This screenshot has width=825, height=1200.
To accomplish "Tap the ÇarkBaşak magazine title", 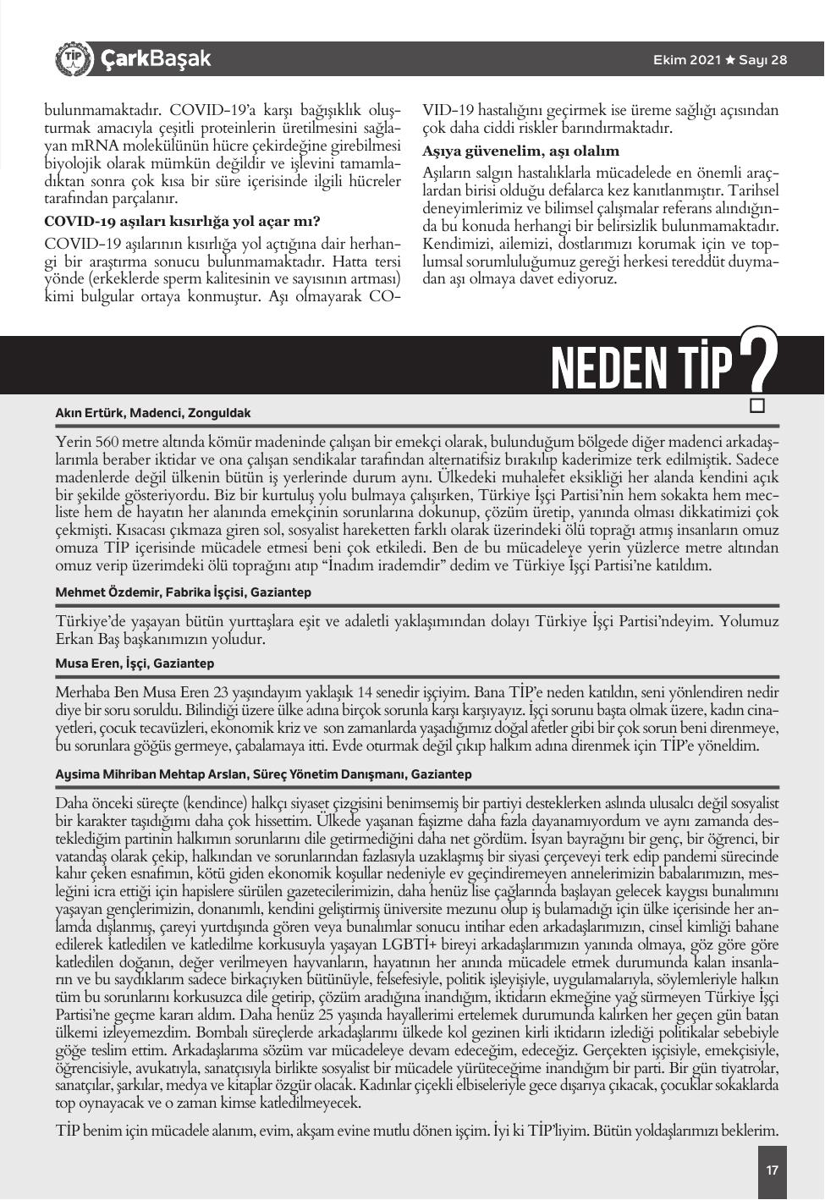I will tap(156, 59).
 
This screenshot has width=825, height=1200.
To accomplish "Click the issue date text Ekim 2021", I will tap(687, 60).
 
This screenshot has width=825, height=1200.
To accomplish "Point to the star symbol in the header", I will tap(731, 60).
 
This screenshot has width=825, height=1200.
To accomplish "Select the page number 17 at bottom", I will tap(772, 1170).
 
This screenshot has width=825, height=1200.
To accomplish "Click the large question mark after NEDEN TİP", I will tap(757, 362).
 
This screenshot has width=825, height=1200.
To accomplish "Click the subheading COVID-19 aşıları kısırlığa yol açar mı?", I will tap(182, 222).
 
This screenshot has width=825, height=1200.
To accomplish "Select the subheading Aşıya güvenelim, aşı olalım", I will tap(521, 151).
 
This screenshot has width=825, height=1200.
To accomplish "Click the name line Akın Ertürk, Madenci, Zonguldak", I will tap(153, 413).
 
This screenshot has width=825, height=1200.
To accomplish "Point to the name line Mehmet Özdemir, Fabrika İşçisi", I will tap(184, 592).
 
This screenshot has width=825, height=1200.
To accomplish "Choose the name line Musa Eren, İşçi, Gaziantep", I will tap(135, 663).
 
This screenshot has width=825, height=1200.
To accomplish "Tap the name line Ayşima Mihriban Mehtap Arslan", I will tap(262, 774).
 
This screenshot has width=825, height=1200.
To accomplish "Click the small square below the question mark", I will tap(757, 405).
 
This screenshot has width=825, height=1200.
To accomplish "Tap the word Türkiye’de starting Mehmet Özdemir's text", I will tap(90, 621).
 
